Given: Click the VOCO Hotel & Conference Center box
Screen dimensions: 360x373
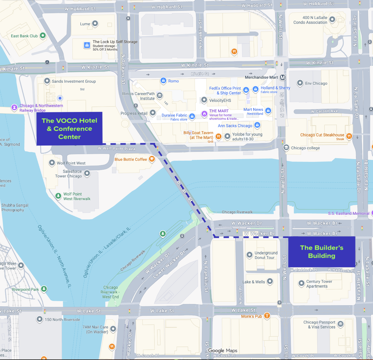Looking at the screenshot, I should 69,129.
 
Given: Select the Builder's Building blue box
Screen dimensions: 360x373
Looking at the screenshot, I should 322,252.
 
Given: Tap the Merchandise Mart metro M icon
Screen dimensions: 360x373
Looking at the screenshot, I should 283,77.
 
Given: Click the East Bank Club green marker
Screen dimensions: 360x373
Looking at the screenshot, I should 43,36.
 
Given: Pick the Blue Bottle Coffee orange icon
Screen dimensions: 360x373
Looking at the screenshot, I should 152,159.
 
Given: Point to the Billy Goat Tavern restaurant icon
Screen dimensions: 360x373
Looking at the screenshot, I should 218,136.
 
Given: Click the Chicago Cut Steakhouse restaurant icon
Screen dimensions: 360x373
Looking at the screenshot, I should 349,136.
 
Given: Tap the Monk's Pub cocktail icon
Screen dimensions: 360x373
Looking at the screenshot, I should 267,316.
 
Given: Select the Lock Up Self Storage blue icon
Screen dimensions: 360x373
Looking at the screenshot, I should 87,45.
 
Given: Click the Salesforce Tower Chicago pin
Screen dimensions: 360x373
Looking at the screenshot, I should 87,173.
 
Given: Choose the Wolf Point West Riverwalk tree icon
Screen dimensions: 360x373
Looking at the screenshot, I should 58,196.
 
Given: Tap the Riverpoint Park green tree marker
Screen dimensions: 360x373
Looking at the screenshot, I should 44,289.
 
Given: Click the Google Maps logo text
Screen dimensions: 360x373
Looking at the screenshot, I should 223,351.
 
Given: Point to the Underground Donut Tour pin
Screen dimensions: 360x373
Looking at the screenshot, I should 250,255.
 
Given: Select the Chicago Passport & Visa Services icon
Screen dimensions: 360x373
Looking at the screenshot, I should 341,324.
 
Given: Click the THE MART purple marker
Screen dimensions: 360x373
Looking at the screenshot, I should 204,114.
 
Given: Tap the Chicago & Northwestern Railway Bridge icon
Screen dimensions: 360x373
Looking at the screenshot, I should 14,107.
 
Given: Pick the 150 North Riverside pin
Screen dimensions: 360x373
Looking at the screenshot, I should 40,319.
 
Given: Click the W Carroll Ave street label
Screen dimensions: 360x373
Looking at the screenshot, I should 324,111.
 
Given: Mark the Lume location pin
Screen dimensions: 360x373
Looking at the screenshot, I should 95,24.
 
